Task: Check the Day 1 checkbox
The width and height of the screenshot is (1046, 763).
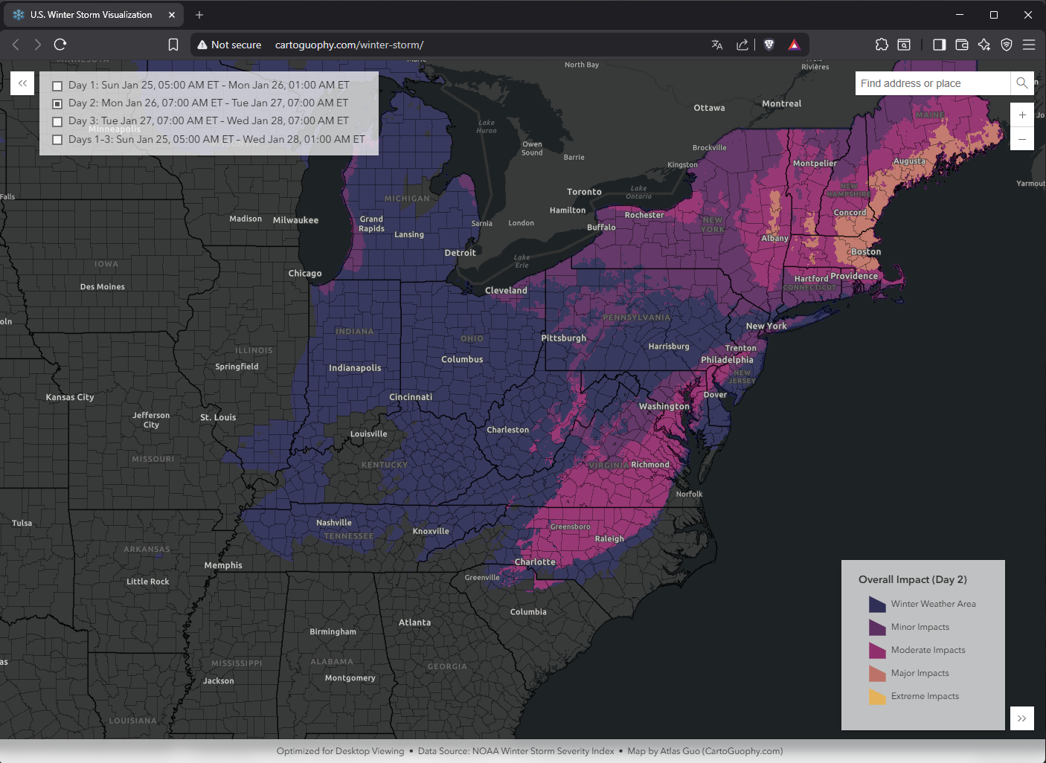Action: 57,86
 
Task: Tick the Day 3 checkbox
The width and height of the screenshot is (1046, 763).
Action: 57,121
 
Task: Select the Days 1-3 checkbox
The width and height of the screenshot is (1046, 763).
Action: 57,140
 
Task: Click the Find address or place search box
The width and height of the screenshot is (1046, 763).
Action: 932,83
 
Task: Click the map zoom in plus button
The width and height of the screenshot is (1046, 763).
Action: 1022,115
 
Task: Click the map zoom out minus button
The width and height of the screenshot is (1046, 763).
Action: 1022,139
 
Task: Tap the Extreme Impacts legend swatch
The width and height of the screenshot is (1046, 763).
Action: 877,697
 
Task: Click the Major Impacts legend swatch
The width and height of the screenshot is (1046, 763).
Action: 877,674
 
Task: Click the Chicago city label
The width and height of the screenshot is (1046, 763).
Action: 305,274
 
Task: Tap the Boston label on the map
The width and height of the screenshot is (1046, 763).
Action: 866,252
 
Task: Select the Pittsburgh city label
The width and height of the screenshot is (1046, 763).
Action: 563,338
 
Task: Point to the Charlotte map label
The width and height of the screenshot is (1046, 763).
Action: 535,562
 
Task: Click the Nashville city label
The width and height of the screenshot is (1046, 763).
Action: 333,523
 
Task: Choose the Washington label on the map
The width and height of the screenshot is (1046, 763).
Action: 664,407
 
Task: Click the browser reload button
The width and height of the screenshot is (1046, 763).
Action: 60,45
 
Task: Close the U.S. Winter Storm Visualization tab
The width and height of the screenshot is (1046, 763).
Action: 172,15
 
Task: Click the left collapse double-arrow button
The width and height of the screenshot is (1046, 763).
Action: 22,83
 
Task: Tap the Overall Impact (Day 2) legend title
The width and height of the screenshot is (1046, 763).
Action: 912,580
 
